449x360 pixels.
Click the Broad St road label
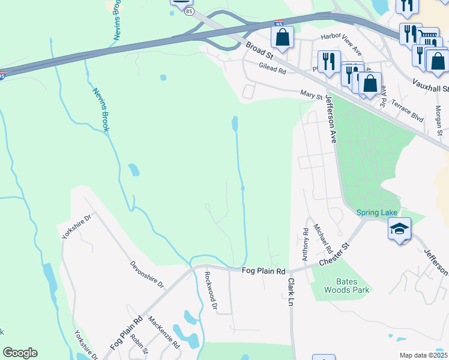coord(259,52)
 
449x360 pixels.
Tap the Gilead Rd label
coord(273,68)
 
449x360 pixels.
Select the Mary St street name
coord(312,94)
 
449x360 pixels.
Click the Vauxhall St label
coord(431,85)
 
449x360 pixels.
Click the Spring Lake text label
coord(376,212)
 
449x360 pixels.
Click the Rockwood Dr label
coord(210,291)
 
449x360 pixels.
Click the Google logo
coord(20,353)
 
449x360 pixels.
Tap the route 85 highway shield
coord(190,11)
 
